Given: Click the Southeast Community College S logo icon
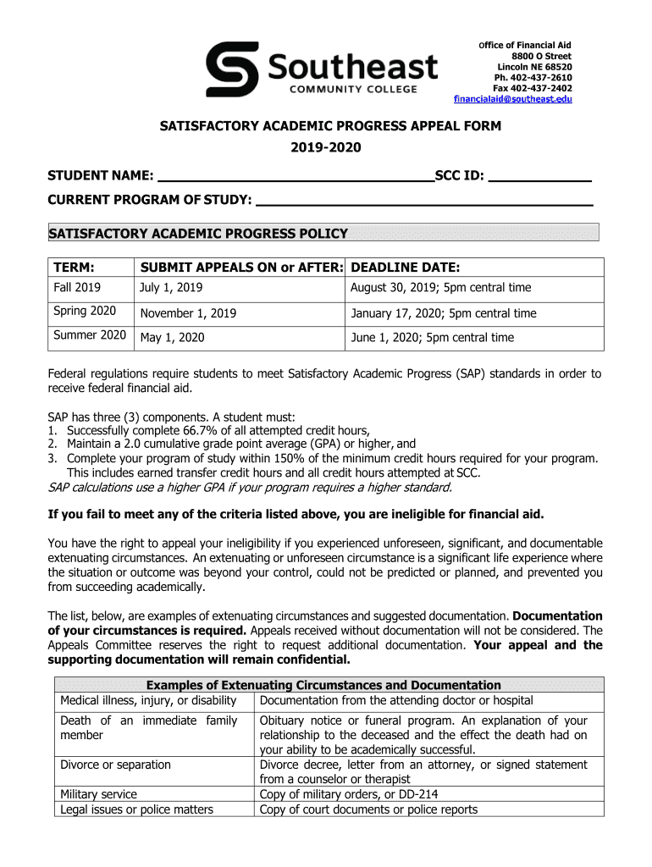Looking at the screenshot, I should [x=232, y=70].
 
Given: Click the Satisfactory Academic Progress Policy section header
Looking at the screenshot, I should [x=198, y=233].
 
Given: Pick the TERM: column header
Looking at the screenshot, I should [x=74, y=267].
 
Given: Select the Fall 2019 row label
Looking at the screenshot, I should [x=77, y=288].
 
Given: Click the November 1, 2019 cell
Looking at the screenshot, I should [x=188, y=313].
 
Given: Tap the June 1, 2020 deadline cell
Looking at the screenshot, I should [x=432, y=337].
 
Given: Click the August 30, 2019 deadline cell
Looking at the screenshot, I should [x=441, y=288].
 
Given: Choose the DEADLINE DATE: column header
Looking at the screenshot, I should [x=405, y=267].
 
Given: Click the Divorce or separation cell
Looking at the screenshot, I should [x=115, y=765].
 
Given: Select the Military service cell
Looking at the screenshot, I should [x=98, y=794].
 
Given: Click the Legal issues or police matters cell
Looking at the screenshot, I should [x=136, y=809].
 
